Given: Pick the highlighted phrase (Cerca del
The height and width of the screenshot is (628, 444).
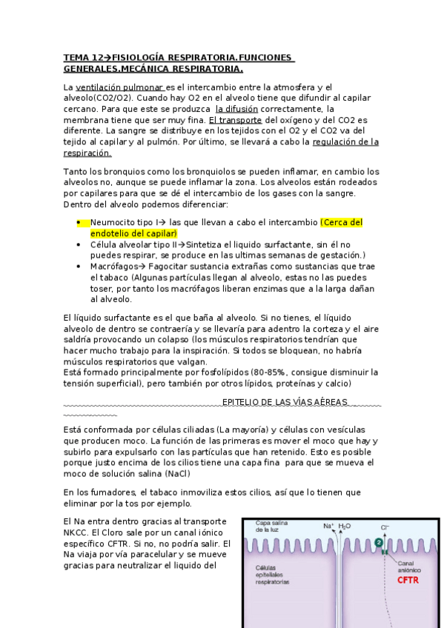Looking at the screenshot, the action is coord(342,222).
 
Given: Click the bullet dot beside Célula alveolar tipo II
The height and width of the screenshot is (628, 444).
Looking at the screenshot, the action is coord(79,244).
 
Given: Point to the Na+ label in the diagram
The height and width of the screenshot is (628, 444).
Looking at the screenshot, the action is coord(328,527).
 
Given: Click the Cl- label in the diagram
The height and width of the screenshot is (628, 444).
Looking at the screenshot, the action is coord(385,527).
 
